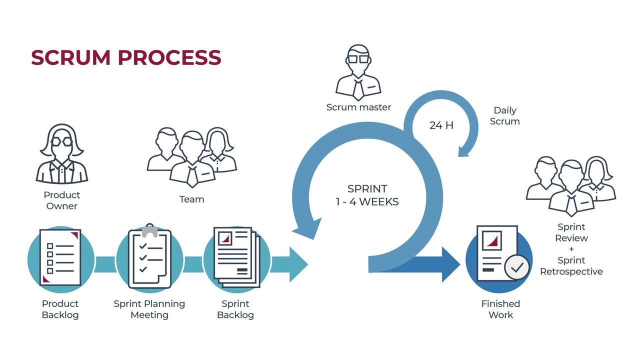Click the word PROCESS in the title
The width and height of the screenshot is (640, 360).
pos(169,57)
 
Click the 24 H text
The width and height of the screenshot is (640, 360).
pos(441,125)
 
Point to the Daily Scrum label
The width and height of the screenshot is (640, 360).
pos(504,115)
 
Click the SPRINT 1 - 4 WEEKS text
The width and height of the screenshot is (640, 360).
pos(367,195)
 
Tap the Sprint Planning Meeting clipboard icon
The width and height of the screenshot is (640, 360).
pos(149,257)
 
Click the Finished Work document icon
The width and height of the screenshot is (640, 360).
pos(496,253)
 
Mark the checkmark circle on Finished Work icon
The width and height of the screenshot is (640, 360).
pos(516,267)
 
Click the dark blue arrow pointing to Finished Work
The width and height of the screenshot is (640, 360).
pos(440,264)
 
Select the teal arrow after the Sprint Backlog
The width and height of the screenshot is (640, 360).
pos(292,264)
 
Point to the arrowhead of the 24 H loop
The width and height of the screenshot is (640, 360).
pos(464,150)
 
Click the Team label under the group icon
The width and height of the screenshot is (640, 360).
pos(191,199)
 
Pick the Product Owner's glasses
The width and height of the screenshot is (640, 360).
pos(62,142)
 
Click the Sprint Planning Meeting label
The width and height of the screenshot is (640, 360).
pos(149,309)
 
